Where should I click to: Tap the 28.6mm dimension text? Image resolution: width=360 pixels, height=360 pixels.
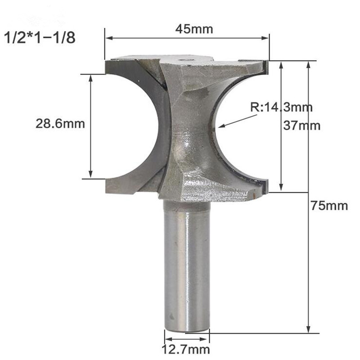pyautogui.click(x=60, y=124)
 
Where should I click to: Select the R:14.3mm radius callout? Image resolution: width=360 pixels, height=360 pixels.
pyautogui.click(x=281, y=108)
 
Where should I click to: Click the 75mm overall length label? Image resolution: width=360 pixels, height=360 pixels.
pyautogui.click(x=329, y=206)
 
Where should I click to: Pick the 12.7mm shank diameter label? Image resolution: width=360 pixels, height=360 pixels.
pyautogui.click(x=187, y=349)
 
